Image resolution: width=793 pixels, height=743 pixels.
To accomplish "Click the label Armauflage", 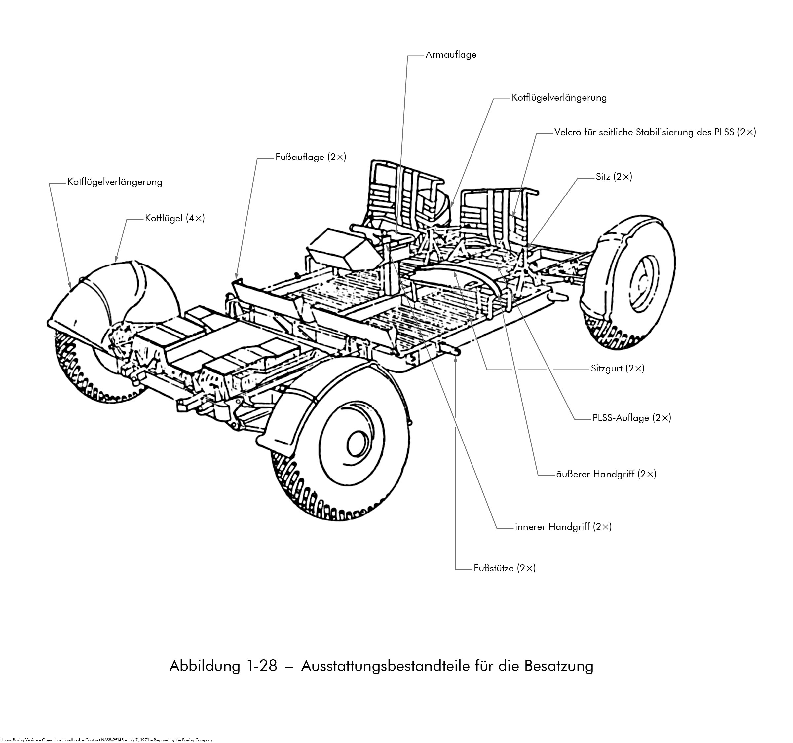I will pos(451,55).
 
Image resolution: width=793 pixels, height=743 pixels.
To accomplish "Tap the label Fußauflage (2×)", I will pos(311,157).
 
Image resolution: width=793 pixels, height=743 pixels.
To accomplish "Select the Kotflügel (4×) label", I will pos(175,218).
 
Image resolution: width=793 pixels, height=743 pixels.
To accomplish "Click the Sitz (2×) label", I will pos(614,177).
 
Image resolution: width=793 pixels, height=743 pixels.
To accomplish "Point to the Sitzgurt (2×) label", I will pos(618,368).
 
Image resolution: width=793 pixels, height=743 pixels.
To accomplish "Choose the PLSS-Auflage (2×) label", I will pos(632,418).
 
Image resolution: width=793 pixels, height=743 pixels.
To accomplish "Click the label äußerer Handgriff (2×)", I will pos(606,474).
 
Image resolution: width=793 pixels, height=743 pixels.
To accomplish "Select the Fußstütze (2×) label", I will pos(505,568).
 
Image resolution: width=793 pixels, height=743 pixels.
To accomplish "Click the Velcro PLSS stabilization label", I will pos(655,132).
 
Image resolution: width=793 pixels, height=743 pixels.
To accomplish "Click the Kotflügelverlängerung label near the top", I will pos(559,98).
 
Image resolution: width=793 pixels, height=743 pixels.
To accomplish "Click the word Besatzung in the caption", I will pos(558,666).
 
